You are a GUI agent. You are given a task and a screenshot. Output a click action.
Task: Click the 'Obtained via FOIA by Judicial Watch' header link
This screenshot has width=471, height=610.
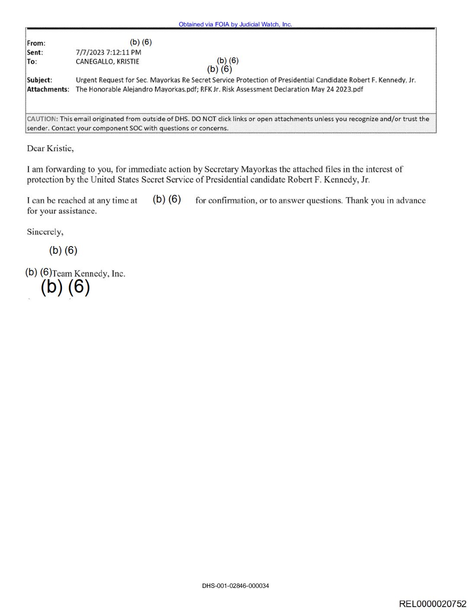tap(235, 24)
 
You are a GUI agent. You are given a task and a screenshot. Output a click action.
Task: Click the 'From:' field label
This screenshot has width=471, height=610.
tap(36, 43)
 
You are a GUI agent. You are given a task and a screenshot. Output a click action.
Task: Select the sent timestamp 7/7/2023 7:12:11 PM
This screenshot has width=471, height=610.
tap(108, 52)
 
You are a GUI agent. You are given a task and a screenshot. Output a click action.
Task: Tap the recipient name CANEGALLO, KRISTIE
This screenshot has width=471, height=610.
tap(107, 62)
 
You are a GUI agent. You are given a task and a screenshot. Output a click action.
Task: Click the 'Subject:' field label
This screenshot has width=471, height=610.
tap(39, 80)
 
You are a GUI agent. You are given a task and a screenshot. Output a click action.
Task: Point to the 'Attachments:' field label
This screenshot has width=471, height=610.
tap(48, 89)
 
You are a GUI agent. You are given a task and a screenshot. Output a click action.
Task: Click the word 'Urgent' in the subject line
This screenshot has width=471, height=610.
tap(87, 80)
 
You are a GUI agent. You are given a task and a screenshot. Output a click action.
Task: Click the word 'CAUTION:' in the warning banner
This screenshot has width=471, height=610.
tap(42, 119)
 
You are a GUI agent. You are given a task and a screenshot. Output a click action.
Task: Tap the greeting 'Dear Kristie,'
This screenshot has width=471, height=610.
tap(50, 149)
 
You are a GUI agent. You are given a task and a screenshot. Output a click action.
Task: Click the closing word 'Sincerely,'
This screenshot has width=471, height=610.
tap(45, 232)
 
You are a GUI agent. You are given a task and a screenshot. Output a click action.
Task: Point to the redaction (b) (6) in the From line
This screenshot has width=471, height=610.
tap(141, 42)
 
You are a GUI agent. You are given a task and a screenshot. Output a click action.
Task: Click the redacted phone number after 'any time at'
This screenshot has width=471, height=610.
tap(167, 199)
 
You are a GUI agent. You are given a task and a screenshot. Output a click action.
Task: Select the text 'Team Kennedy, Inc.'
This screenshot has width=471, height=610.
tap(89, 274)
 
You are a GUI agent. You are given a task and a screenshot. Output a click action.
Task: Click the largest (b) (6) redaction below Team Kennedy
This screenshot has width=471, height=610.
tap(65, 287)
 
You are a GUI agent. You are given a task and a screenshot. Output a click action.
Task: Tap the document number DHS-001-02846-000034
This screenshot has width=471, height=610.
tap(235, 586)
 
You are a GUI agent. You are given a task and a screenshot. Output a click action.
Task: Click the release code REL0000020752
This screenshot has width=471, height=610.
tap(432, 604)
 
